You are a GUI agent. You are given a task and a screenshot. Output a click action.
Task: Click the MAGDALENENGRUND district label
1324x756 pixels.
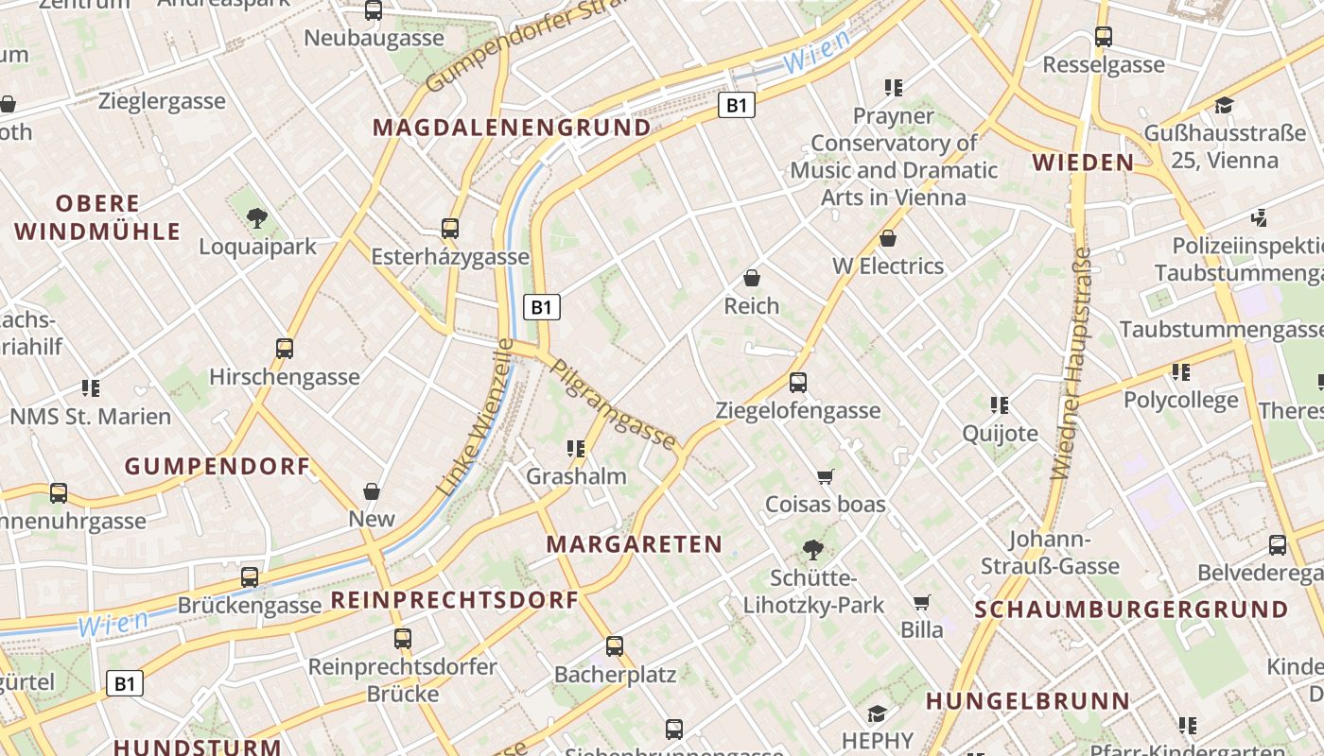[512, 128]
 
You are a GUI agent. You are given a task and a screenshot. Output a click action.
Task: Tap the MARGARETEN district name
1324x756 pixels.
[635, 544]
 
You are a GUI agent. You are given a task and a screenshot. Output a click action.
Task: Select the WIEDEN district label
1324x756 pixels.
[1083, 163]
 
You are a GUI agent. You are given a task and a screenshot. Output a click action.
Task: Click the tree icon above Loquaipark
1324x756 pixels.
[256, 219]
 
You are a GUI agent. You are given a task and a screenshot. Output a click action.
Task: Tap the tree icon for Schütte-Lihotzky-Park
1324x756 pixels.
[812, 549]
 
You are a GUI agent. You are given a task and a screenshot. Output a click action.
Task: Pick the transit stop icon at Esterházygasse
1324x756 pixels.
[450, 229]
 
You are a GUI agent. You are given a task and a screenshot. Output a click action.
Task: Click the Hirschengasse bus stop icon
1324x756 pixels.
[285, 348]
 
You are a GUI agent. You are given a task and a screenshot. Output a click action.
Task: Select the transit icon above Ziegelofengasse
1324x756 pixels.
[797, 382]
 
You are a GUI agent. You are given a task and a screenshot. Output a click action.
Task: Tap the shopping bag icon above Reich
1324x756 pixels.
[752, 278]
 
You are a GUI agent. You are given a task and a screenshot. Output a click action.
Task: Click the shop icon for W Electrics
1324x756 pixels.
[887, 238]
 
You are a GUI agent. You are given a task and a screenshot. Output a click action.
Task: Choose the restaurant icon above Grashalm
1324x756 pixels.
[575, 448]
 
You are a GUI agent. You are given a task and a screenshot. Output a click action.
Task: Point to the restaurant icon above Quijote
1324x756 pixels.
[1000, 405]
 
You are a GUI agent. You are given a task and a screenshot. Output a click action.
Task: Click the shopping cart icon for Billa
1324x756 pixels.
[922, 602]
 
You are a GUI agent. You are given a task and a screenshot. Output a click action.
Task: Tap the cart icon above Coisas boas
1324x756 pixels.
[826, 476]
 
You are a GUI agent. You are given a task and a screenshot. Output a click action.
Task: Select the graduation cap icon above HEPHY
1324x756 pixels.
[877, 713]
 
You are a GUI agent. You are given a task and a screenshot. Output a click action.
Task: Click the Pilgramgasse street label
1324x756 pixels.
[614, 405]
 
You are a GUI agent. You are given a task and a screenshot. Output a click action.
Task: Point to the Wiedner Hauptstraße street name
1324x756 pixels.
[1071, 364]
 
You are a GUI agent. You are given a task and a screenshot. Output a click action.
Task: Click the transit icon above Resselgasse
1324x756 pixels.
[1104, 37]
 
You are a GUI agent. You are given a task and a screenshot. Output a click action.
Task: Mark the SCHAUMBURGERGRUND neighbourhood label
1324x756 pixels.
[1131, 610]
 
